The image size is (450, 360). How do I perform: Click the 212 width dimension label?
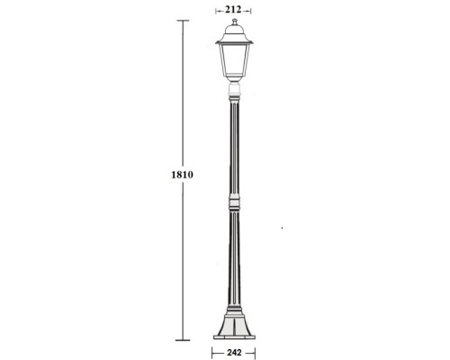(x=233, y=11)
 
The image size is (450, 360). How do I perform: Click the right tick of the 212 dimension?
(x=250, y=11)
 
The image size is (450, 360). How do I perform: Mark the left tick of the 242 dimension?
(x=212, y=354)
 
